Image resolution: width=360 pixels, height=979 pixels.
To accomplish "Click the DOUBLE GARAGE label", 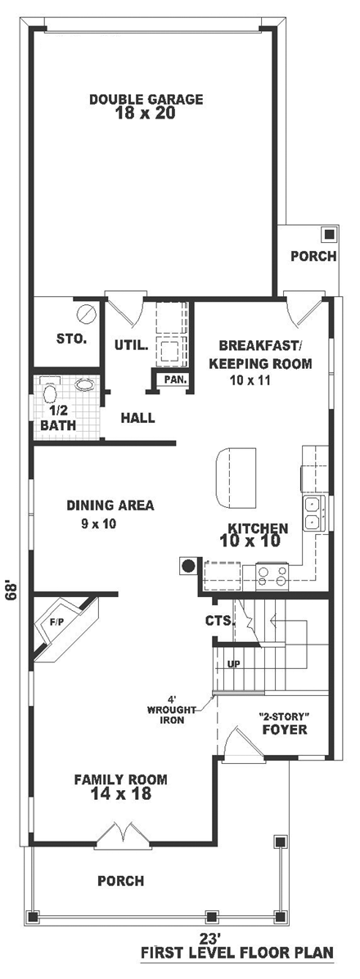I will [x=146, y=100].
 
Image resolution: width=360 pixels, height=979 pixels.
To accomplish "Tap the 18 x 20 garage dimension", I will [x=146, y=115].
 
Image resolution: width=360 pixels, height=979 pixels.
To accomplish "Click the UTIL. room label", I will [x=131, y=344].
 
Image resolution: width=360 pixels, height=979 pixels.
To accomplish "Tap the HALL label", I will [x=137, y=418].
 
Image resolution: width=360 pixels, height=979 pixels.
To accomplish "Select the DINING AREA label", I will [x=110, y=505].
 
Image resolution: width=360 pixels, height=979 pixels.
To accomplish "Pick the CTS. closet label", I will [x=220, y=621].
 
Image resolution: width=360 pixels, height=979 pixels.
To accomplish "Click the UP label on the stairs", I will [x=233, y=663].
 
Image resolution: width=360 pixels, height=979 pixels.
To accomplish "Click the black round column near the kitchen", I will [x=187, y=564].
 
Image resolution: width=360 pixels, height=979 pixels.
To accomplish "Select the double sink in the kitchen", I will [x=313, y=513].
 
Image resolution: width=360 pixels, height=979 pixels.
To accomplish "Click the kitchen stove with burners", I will [x=272, y=577].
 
